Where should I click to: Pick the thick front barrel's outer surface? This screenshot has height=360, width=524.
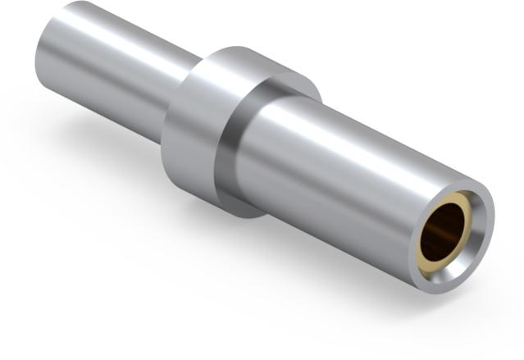click(x=344, y=164)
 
